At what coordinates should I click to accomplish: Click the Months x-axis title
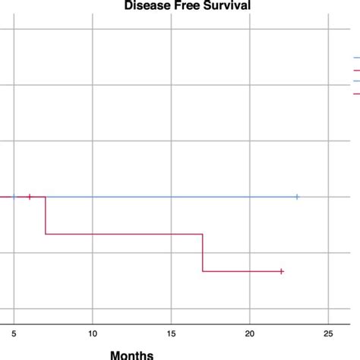(131, 354)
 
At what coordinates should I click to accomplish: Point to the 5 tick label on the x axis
(14, 332)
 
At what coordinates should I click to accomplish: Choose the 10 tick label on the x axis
(93, 332)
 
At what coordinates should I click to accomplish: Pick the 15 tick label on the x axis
(171, 332)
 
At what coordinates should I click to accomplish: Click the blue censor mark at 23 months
(297, 197)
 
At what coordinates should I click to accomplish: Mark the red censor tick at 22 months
(281, 271)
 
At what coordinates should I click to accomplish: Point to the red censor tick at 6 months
(30, 197)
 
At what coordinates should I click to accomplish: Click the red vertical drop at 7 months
(46, 216)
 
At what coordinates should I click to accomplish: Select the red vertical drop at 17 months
(203, 252)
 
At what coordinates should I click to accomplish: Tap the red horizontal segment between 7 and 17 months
(124, 234)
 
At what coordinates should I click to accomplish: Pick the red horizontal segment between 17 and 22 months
(242, 271)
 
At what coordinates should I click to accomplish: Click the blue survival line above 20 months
(250, 197)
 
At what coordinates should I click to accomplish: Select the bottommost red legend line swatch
(356, 93)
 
